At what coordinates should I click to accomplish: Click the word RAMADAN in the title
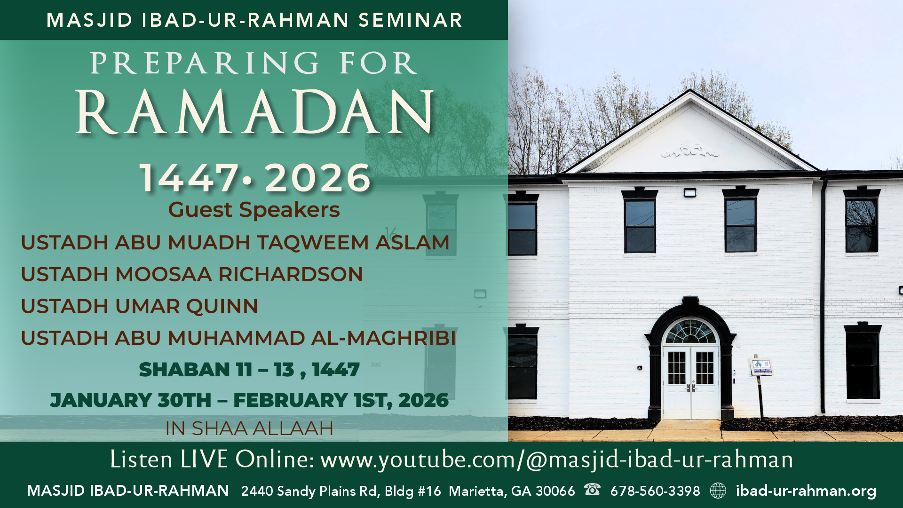click(254, 113)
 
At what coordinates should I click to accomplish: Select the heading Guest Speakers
click(254, 210)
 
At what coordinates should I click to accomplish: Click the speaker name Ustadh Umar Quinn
click(139, 306)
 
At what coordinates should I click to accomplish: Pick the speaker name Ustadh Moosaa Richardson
click(192, 274)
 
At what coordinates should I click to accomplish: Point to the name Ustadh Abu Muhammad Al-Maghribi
click(238, 338)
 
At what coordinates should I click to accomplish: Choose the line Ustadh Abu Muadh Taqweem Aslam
click(235, 243)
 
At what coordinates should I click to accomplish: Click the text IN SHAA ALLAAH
click(249, 429)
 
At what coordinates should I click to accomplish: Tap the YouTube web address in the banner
click(556, 460)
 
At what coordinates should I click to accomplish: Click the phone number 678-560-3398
click(655, 491)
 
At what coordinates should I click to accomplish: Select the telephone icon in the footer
click(592, 490)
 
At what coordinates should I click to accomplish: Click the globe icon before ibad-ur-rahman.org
click(718, 491)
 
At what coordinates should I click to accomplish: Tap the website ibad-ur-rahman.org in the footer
click(806, 491)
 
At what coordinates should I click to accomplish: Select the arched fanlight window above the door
click(690, 332)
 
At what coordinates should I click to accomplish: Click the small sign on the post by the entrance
click(761, 366)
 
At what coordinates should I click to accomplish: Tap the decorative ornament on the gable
click(690, 150)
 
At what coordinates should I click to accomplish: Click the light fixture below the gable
click(690, 192)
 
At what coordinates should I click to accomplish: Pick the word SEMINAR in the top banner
click(411, 20)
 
